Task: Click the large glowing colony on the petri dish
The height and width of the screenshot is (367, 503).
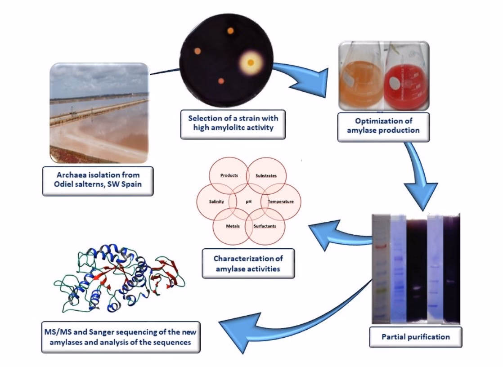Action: (251, 62)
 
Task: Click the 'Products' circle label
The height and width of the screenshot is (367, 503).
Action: (229, 175)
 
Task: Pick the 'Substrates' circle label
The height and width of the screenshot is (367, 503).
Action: (266, 175)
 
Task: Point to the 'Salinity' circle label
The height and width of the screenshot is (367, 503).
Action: (216, 201)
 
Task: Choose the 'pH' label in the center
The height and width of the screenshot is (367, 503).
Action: (248, 201)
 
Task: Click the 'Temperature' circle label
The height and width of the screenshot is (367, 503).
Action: (281, 201)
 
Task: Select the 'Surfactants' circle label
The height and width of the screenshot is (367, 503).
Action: (265, 226)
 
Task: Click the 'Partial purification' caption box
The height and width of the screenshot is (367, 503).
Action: (415, 336)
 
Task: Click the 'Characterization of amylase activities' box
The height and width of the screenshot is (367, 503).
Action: (248, 264)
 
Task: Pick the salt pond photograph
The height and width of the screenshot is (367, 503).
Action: (99, 112)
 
